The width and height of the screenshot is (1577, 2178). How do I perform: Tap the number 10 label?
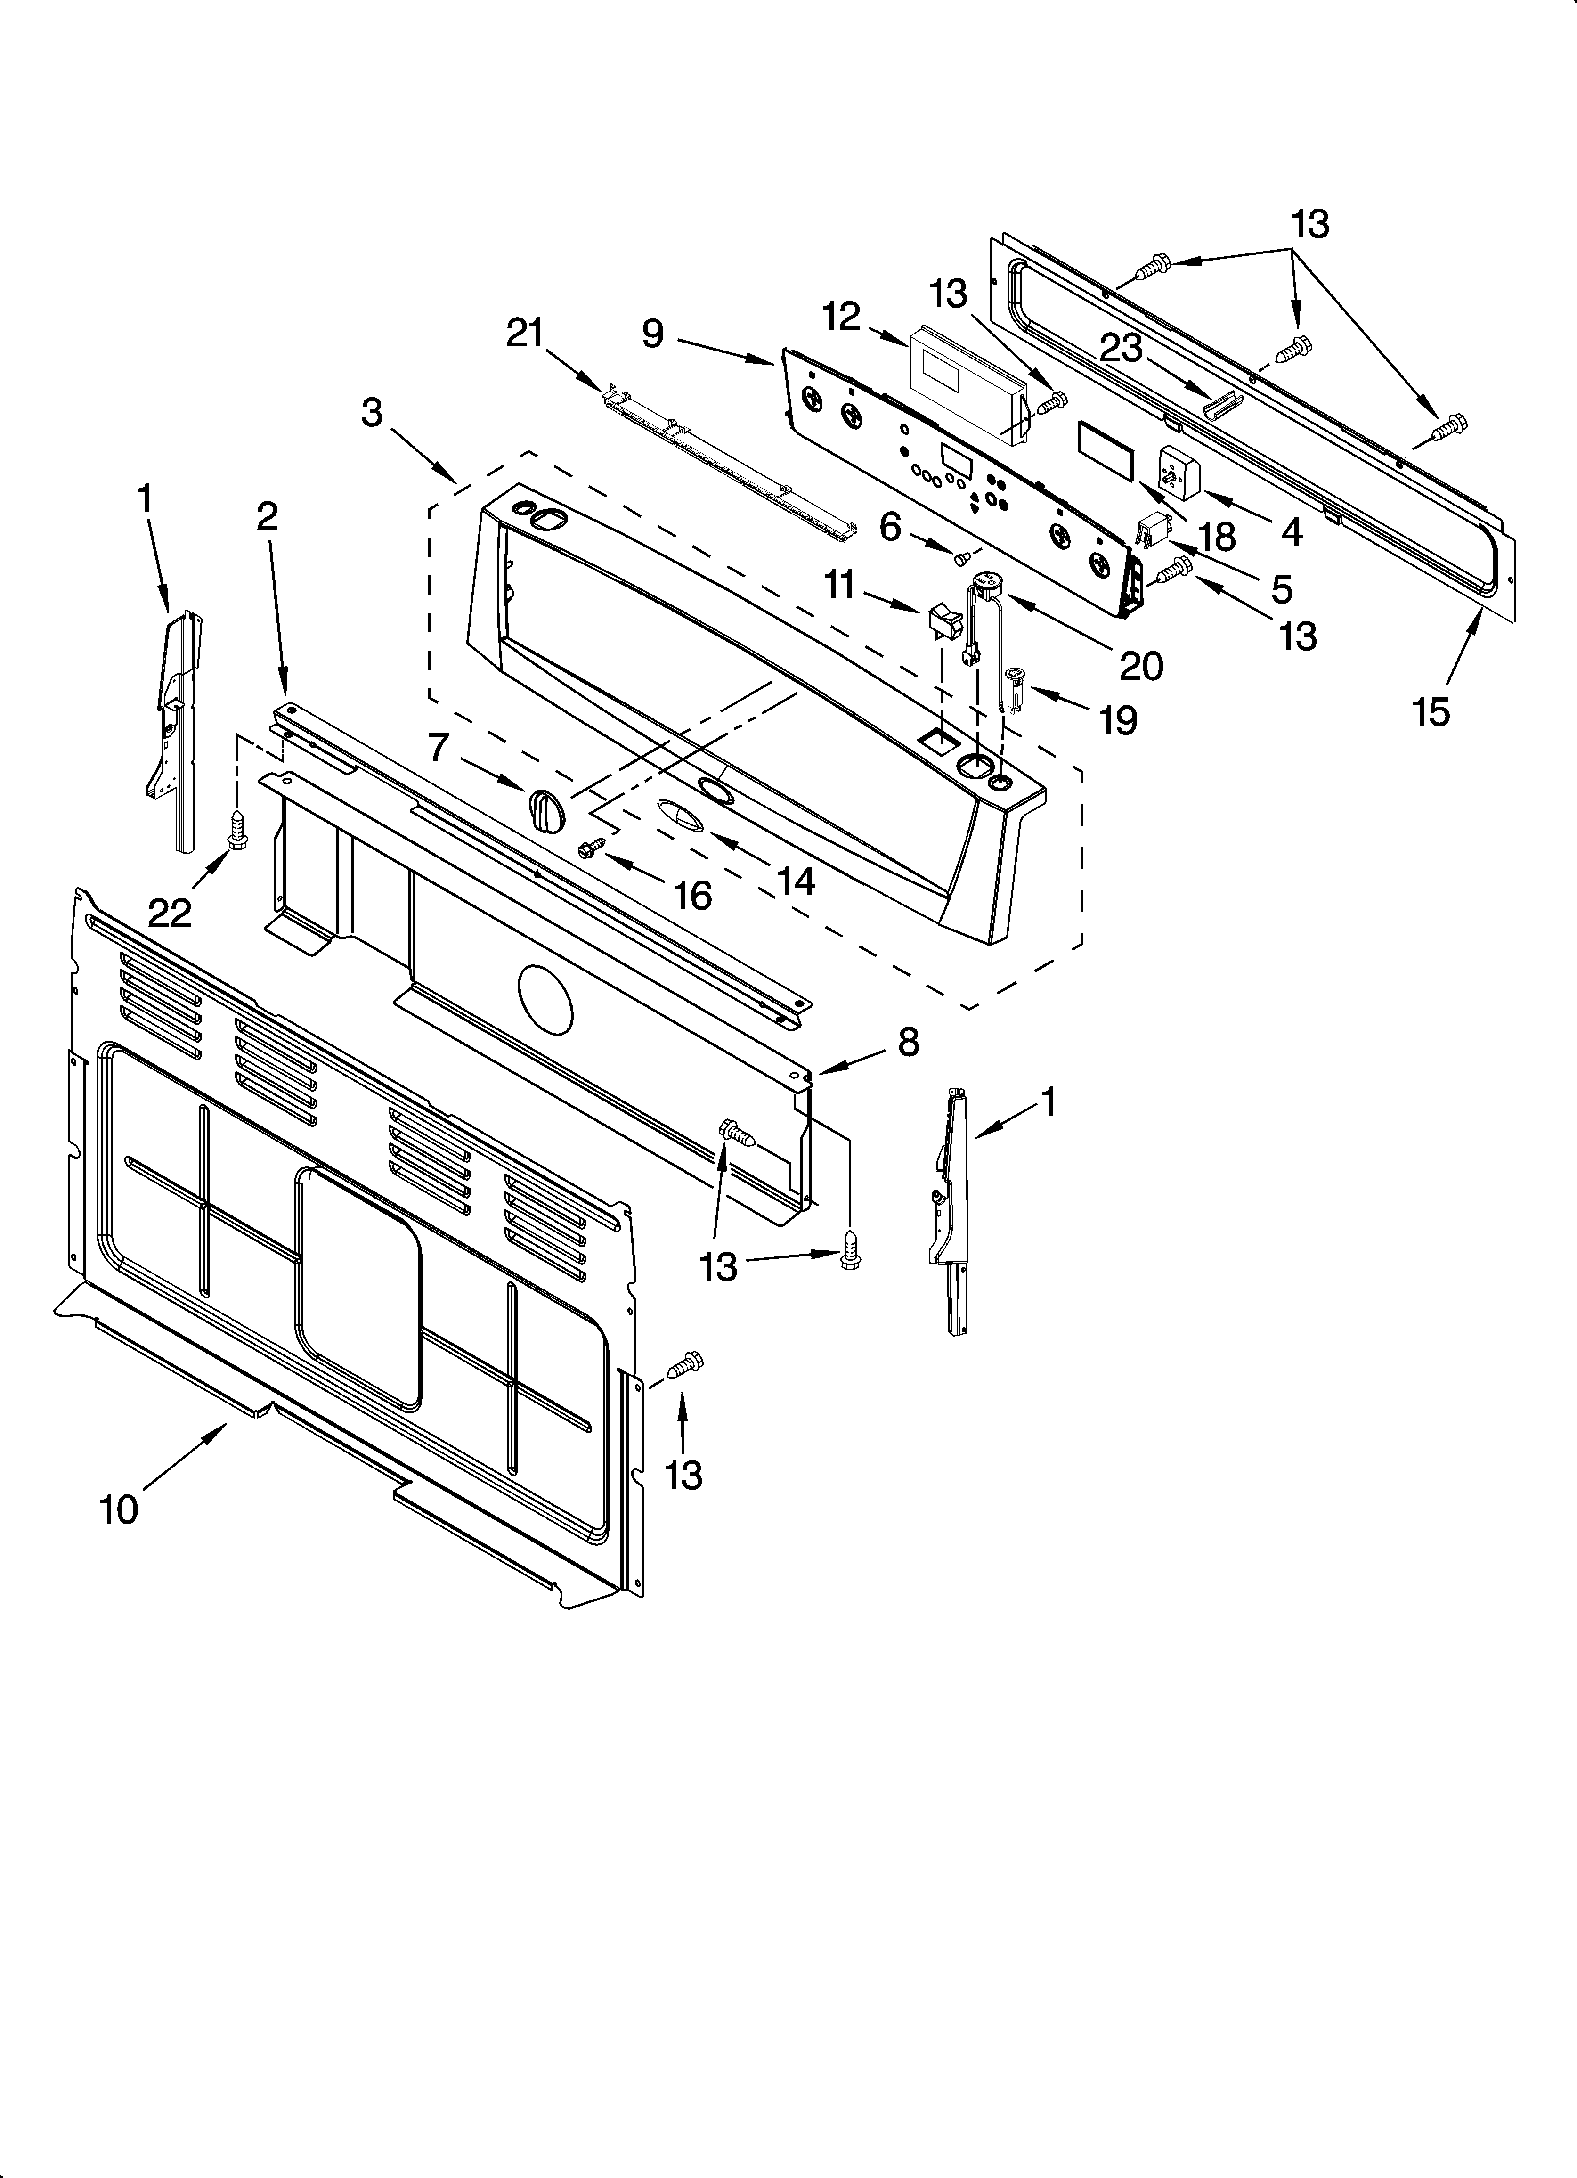tap(119, 1510)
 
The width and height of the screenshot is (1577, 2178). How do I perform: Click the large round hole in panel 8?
tap(545, 1000)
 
